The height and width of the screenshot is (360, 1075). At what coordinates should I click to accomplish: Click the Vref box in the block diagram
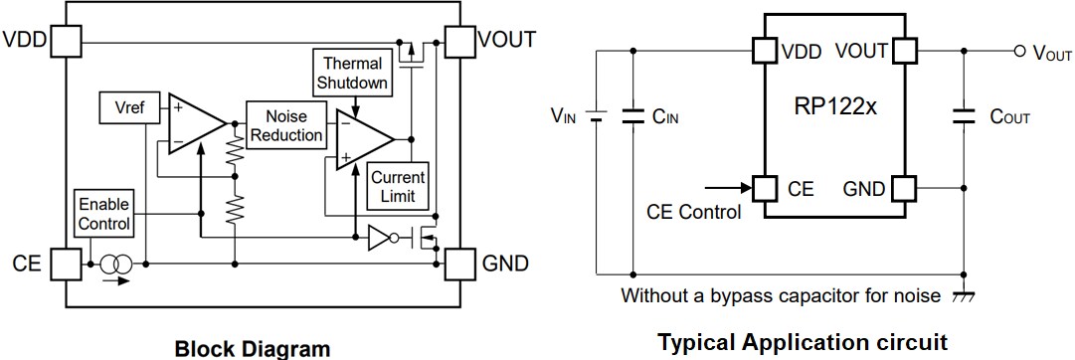click(x=130, y=108)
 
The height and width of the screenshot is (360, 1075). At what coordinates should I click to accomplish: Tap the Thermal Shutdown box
click(x=352, y=73)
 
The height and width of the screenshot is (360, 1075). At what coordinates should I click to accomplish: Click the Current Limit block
click(x=399, y=186)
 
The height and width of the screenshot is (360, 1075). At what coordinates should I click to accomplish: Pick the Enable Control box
click(x=104, y=213)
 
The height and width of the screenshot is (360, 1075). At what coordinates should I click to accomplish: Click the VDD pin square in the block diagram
click(x=66, y=41)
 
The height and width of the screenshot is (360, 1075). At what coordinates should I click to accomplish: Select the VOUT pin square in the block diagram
click(x=459, y=41)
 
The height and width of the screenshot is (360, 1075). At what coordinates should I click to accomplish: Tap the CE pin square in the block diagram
click(x=66, y=265)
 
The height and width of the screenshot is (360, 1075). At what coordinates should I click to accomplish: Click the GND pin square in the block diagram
click(x=459, y=265)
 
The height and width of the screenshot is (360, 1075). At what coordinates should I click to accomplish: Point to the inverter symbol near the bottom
click(x=382, y=238)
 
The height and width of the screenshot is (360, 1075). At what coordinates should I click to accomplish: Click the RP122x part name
click(x=834, y=106)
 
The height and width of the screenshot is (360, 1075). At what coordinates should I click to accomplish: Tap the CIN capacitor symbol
click(x=631, y=115)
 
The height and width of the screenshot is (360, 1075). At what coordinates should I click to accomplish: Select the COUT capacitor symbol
click(x=964, y=115)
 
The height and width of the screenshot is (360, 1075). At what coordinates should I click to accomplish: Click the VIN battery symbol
click(x=596, y=115)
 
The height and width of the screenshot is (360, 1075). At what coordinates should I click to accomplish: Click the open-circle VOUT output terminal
click(x=1017, y=51)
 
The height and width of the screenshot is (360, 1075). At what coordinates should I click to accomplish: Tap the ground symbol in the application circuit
click(x=964, y=296)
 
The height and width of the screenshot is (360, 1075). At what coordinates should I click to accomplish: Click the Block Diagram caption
click(x=252, y=348)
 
